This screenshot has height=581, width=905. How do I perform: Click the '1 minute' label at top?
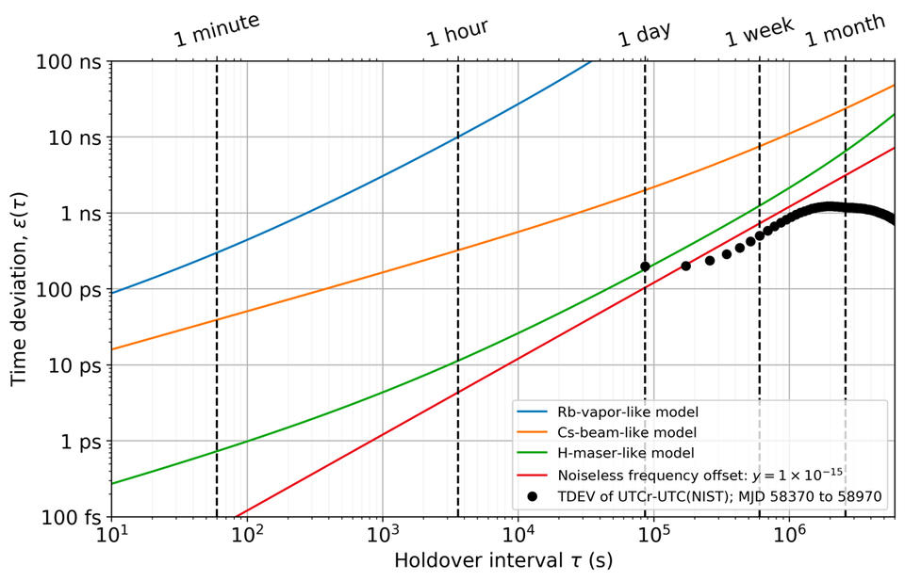(217, 31)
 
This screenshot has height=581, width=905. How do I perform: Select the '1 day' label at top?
(645, 34)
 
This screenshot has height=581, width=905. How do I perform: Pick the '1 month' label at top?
(846, 30)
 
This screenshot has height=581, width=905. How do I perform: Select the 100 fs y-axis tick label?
(74, 517)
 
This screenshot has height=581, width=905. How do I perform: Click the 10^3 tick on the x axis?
(382, 538)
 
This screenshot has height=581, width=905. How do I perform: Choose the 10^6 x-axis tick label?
(789, 538)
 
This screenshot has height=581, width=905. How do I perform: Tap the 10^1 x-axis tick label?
(112, 538)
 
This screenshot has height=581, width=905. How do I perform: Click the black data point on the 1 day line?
(645, 266)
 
